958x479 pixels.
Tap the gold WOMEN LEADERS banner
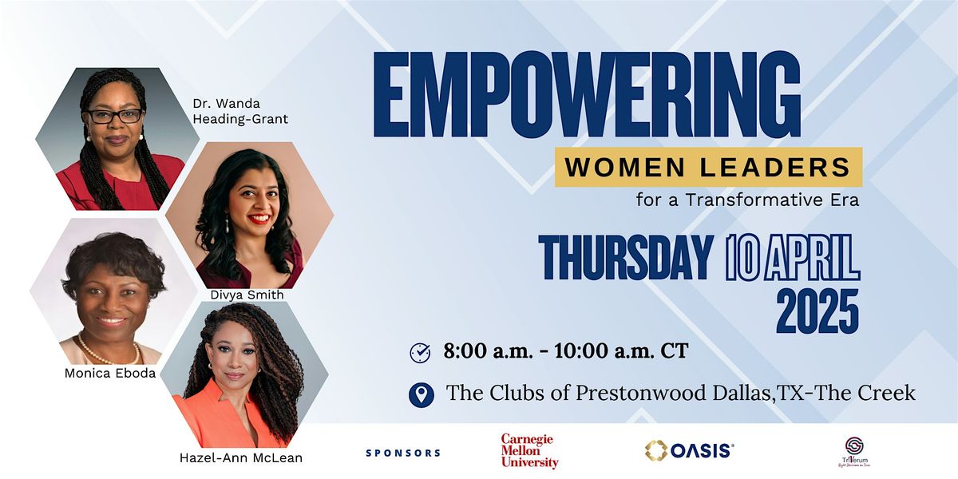click(x=708, y=167)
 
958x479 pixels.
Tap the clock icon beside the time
click(x=420, y=352)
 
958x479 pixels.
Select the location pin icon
click(x=421, y=394)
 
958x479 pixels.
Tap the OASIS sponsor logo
click(x=689, y=451)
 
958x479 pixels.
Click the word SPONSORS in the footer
click(x=403, y=453)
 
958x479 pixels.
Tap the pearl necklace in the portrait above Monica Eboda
click(x=107, y=350)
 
